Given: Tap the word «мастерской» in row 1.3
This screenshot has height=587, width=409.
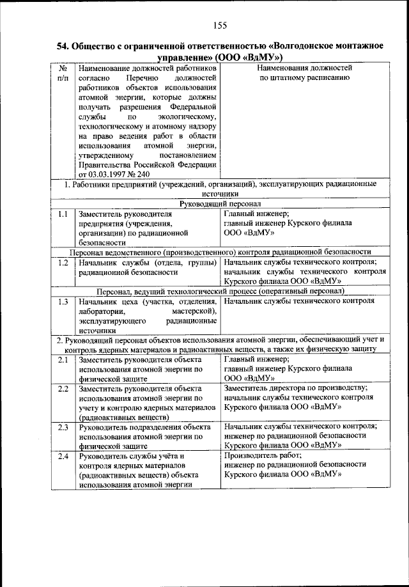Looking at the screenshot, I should [194, 311].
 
